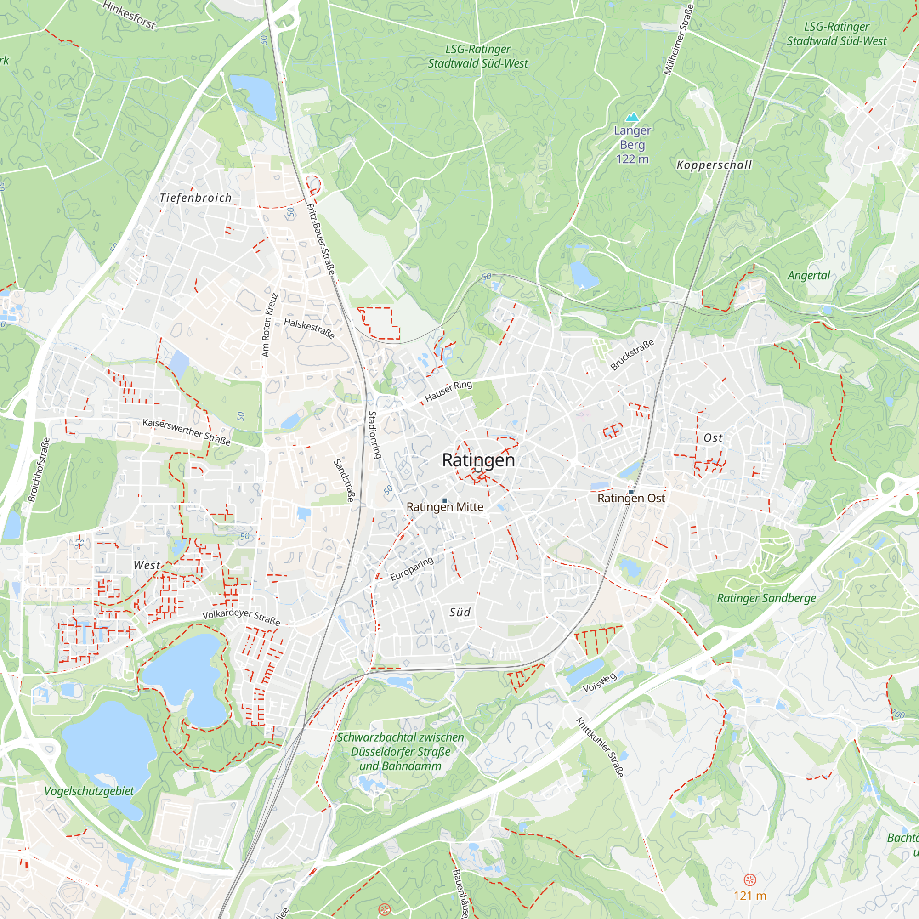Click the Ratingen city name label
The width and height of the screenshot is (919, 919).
478,460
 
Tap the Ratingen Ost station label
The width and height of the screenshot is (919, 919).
631,499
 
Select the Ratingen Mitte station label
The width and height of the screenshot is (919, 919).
444,507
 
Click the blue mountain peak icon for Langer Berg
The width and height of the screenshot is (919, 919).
632,117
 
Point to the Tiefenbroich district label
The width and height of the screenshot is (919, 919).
195,198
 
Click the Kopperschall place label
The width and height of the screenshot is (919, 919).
714,165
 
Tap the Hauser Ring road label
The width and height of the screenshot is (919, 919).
448,391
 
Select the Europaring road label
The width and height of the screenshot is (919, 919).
411,569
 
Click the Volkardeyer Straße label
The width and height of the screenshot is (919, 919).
241,617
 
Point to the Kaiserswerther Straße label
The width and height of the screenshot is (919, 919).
187,432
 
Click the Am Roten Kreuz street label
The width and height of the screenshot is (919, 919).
269,325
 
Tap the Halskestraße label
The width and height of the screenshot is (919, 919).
309,328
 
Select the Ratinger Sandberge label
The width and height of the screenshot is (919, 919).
766,598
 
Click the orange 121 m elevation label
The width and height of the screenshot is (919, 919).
750,896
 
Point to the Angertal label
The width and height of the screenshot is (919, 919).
808,275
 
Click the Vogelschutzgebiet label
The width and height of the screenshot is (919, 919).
89,791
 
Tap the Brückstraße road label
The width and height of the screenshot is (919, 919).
632,355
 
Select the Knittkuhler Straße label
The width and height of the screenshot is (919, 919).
600,747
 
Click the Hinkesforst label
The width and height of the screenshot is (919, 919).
129,15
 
